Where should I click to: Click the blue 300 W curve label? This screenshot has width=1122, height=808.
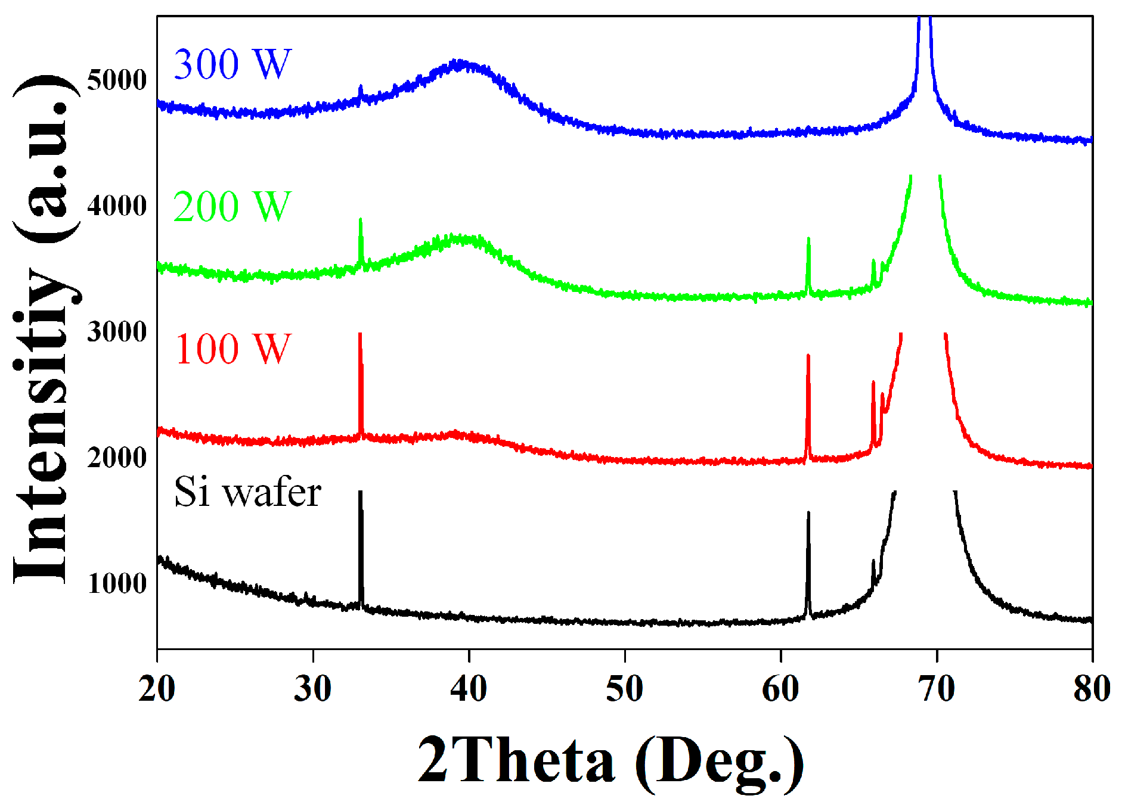tap(232, 64)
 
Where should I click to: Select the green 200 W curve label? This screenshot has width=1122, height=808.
tap(232, 207)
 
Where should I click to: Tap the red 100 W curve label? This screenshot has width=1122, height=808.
tap(233, 349)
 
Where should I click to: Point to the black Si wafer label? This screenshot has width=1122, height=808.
tap(247, 492)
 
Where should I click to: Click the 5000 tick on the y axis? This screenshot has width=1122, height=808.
tap(117, 79)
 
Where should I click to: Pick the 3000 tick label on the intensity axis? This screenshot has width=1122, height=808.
tap(117, 331)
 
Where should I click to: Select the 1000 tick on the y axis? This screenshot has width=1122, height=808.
tap(117, 583)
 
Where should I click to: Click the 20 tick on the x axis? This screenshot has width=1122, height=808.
tap(157, 689)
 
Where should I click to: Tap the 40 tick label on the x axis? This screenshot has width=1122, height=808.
tap(469, 689)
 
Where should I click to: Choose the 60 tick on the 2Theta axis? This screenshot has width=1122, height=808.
tap(780, 689)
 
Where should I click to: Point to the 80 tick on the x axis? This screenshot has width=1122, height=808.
tap(1092, 689)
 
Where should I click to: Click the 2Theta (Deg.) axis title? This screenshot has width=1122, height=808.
tap(610, 760)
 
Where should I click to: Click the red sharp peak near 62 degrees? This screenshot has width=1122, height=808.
tap(808, 356)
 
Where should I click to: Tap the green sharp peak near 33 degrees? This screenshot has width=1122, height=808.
tap(360, 220)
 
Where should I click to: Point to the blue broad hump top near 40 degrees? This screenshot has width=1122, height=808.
tap(459, 62)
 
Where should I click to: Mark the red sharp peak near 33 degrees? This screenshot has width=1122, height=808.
tap(359, 335)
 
